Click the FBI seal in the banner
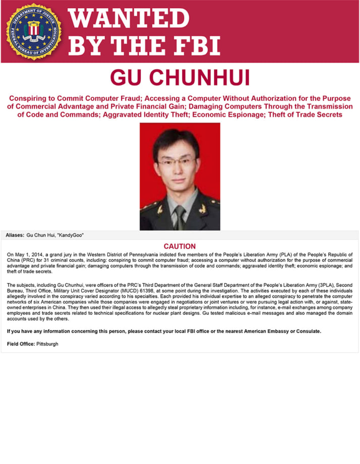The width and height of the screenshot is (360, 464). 34,31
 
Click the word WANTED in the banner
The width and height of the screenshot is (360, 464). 129,19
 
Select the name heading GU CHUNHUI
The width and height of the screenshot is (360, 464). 180,78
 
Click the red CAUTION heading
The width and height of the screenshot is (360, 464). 179,246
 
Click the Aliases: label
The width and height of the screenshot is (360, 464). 15,236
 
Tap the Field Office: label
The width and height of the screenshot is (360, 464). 21,343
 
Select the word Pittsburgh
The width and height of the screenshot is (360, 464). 47,343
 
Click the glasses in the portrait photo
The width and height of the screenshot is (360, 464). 176,162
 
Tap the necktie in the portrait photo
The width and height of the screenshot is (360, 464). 180,217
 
